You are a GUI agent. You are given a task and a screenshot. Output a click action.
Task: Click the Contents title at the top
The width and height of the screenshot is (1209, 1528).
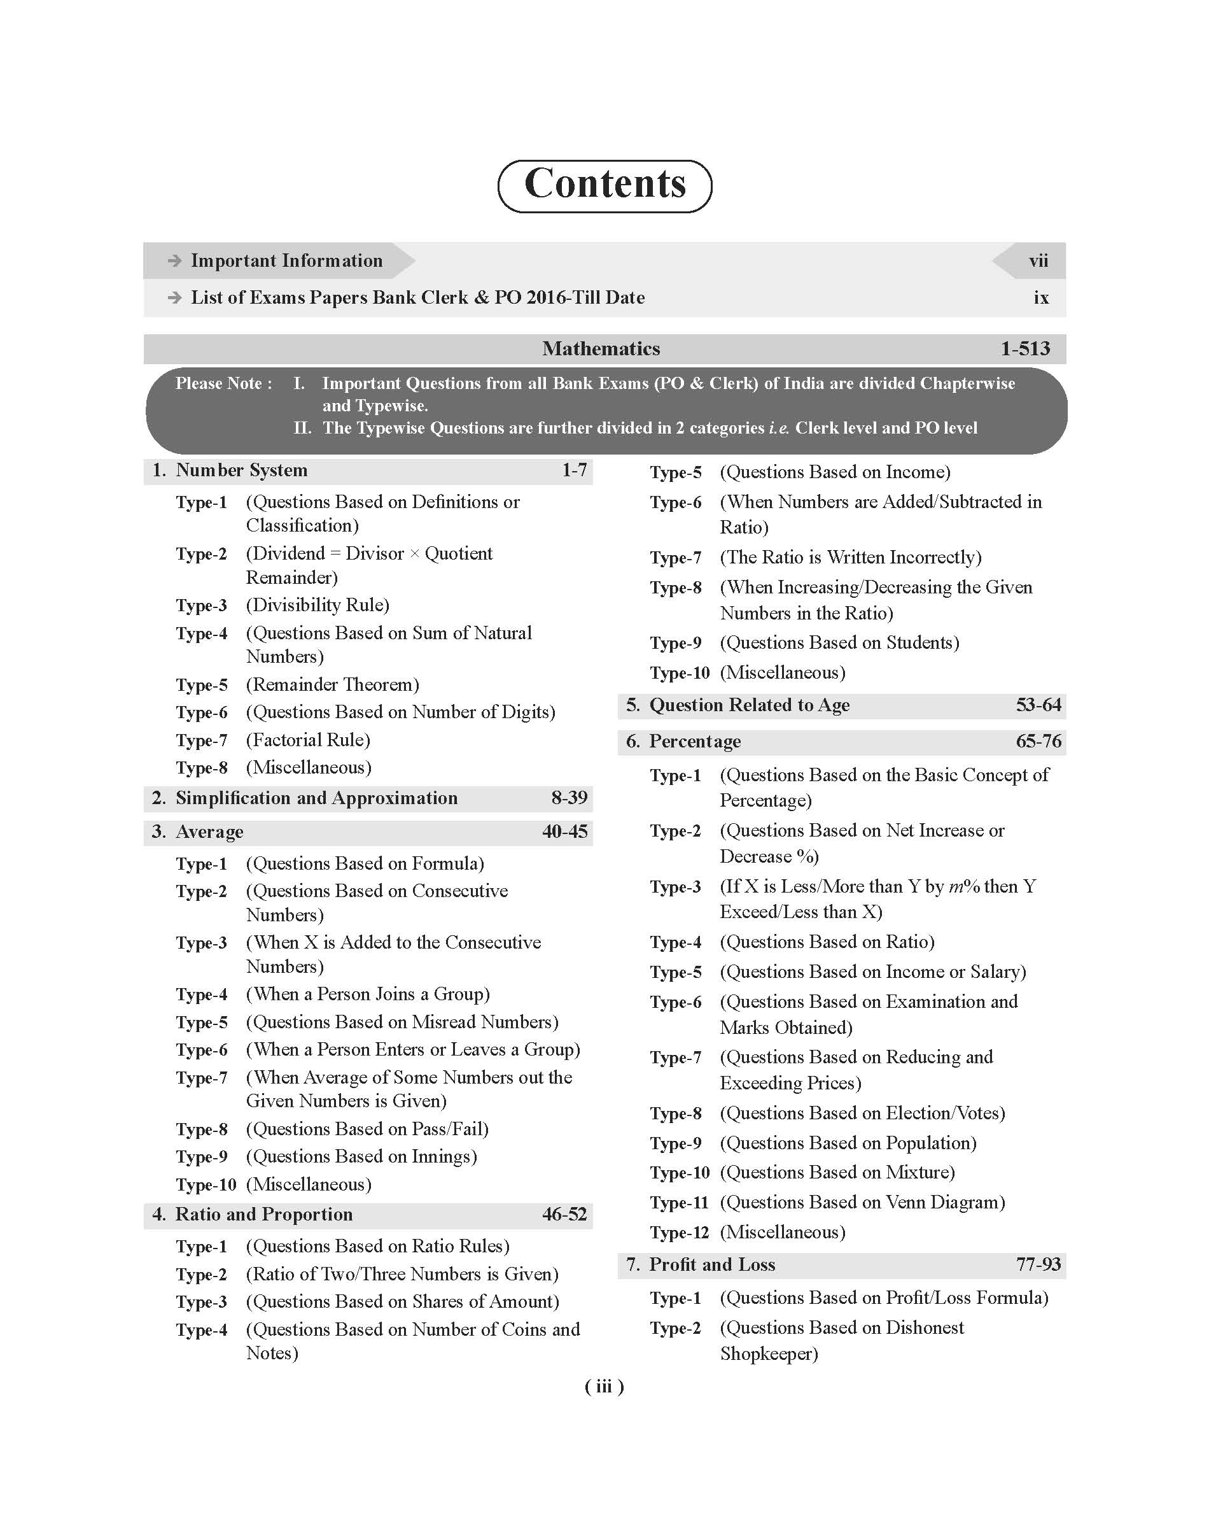(604, 185)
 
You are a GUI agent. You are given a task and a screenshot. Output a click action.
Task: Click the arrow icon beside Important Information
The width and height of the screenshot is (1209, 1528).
(174, 261)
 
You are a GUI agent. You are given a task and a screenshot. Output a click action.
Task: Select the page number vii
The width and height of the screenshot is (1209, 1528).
(1038, 261)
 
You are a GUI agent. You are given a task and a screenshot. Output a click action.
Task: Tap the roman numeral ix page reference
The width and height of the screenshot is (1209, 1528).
(1040, 298)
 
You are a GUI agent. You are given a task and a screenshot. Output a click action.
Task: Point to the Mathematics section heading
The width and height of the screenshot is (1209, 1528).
(601, 349)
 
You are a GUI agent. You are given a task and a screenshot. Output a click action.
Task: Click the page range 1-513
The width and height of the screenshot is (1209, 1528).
(1025, 349)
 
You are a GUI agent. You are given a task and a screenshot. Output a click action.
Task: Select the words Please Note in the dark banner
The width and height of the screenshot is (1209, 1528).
(223, 384)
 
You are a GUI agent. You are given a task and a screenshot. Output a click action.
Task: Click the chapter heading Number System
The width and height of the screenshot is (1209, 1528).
(241, 471)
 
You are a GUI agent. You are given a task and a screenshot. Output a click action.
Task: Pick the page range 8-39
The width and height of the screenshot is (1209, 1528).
(569, 798)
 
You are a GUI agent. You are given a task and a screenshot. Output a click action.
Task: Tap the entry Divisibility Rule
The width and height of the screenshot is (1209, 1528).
(318, 605)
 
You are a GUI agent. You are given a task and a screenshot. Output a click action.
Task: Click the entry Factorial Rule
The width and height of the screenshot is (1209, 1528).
(308, 740)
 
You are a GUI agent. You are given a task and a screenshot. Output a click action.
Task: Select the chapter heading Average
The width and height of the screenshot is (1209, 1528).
(209, 832)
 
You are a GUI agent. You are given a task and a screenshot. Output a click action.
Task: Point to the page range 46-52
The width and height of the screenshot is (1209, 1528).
(564, 1214)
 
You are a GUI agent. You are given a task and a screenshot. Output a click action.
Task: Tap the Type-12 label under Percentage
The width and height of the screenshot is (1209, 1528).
(679, 1233)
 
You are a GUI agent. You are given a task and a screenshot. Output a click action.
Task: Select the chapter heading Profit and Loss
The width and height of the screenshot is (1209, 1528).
(712, 1264)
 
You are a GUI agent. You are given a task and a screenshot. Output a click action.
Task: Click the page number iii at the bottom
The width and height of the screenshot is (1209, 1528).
(604, 1387)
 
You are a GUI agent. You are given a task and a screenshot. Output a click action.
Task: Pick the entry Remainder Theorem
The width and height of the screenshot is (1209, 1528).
(333, 684)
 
